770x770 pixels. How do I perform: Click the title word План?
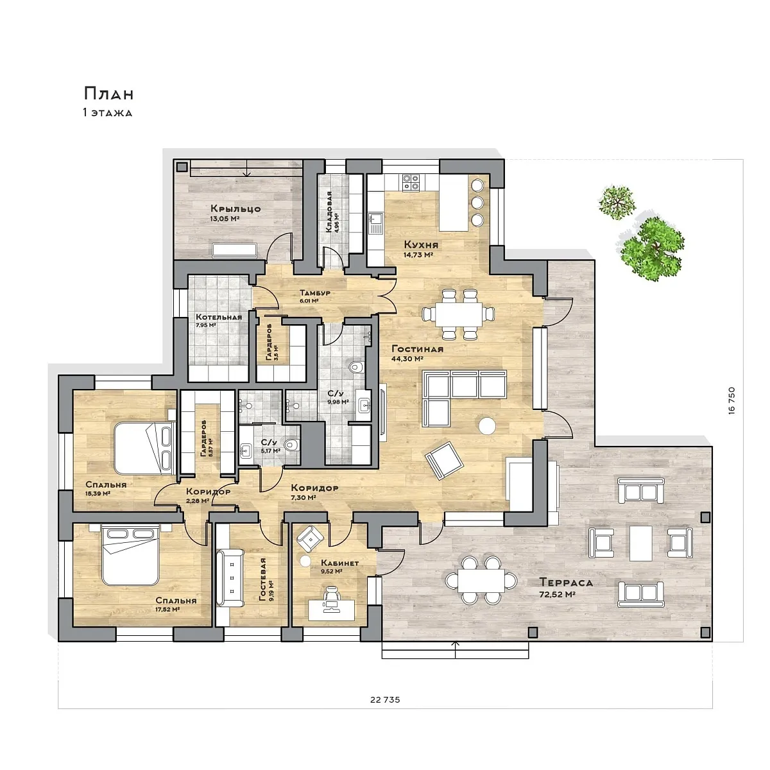tap(108, 94)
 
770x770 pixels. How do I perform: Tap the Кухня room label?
tap(421, 244)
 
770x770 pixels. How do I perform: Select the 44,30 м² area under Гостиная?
tap(407, 359)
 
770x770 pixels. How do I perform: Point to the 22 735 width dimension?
tap(385, 711)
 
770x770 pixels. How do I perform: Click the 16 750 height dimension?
tap(732, 400)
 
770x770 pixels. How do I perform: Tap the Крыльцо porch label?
tap(235, 209)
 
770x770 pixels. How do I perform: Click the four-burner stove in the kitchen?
tap(411, 182)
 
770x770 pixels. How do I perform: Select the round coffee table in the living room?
tap(487, 425)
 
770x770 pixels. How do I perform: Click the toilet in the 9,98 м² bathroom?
tap(356, 366)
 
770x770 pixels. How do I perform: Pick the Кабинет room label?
tap(339, 563)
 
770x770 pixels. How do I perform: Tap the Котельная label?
tap(219, 317)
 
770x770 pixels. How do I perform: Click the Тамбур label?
tap(315, 293)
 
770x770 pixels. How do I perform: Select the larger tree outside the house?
tap(652, 249)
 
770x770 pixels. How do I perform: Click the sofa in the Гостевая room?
tap(230, 577)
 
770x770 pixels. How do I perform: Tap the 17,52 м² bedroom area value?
tap(167, 610)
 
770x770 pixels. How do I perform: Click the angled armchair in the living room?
tap(444, 460)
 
